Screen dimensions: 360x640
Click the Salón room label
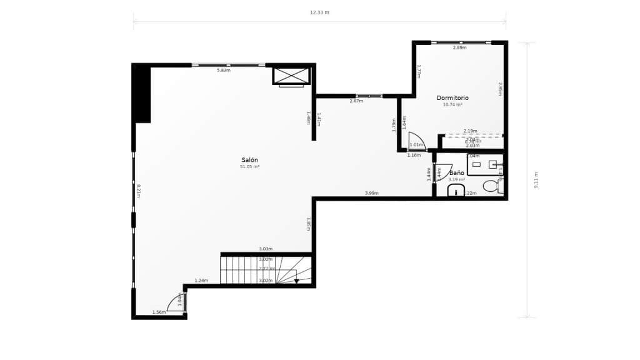[x=249, y=160]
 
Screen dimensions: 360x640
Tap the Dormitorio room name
[x=452, y=98]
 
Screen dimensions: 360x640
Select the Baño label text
[x=456, y=172]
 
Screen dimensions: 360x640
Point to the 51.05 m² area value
[x=249, y=167]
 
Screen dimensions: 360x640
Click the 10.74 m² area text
[x=452, y=105]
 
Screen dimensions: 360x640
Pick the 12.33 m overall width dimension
[x=319, y=12]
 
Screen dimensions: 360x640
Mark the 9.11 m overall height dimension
[x=536, y=180]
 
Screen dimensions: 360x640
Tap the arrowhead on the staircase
[x=297, y=281]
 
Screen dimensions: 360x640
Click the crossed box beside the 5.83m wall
[x=291, y=75]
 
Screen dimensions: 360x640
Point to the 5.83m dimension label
[x=224, y=70]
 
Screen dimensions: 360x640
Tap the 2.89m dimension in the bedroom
[x=459, y=47]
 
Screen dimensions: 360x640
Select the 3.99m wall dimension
[x=372, y=193]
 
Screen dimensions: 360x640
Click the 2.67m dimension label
[x=356, y=101]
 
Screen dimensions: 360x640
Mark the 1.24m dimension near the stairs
[x=201, y=281]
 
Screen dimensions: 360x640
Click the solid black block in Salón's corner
[x=142, y=94]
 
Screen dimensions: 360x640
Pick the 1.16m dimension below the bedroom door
[x=414, y=155]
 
